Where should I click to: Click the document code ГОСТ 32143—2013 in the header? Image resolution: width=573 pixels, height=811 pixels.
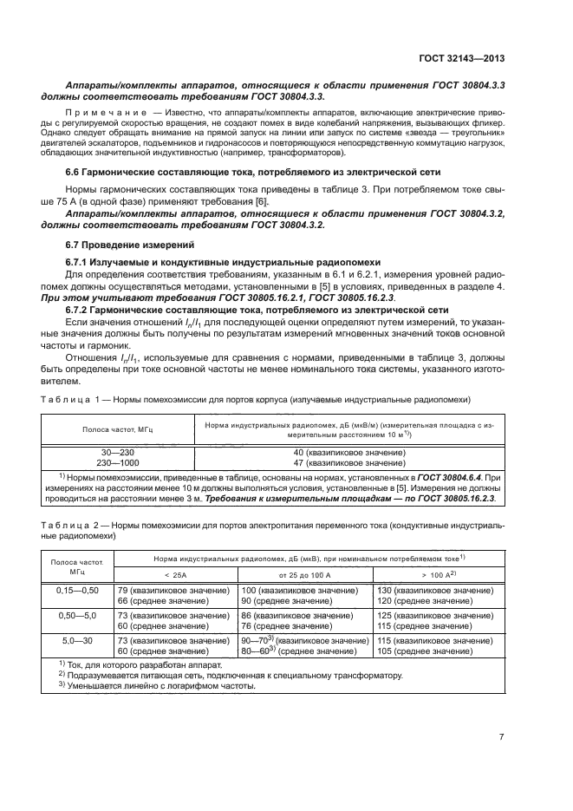coord(464,60)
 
